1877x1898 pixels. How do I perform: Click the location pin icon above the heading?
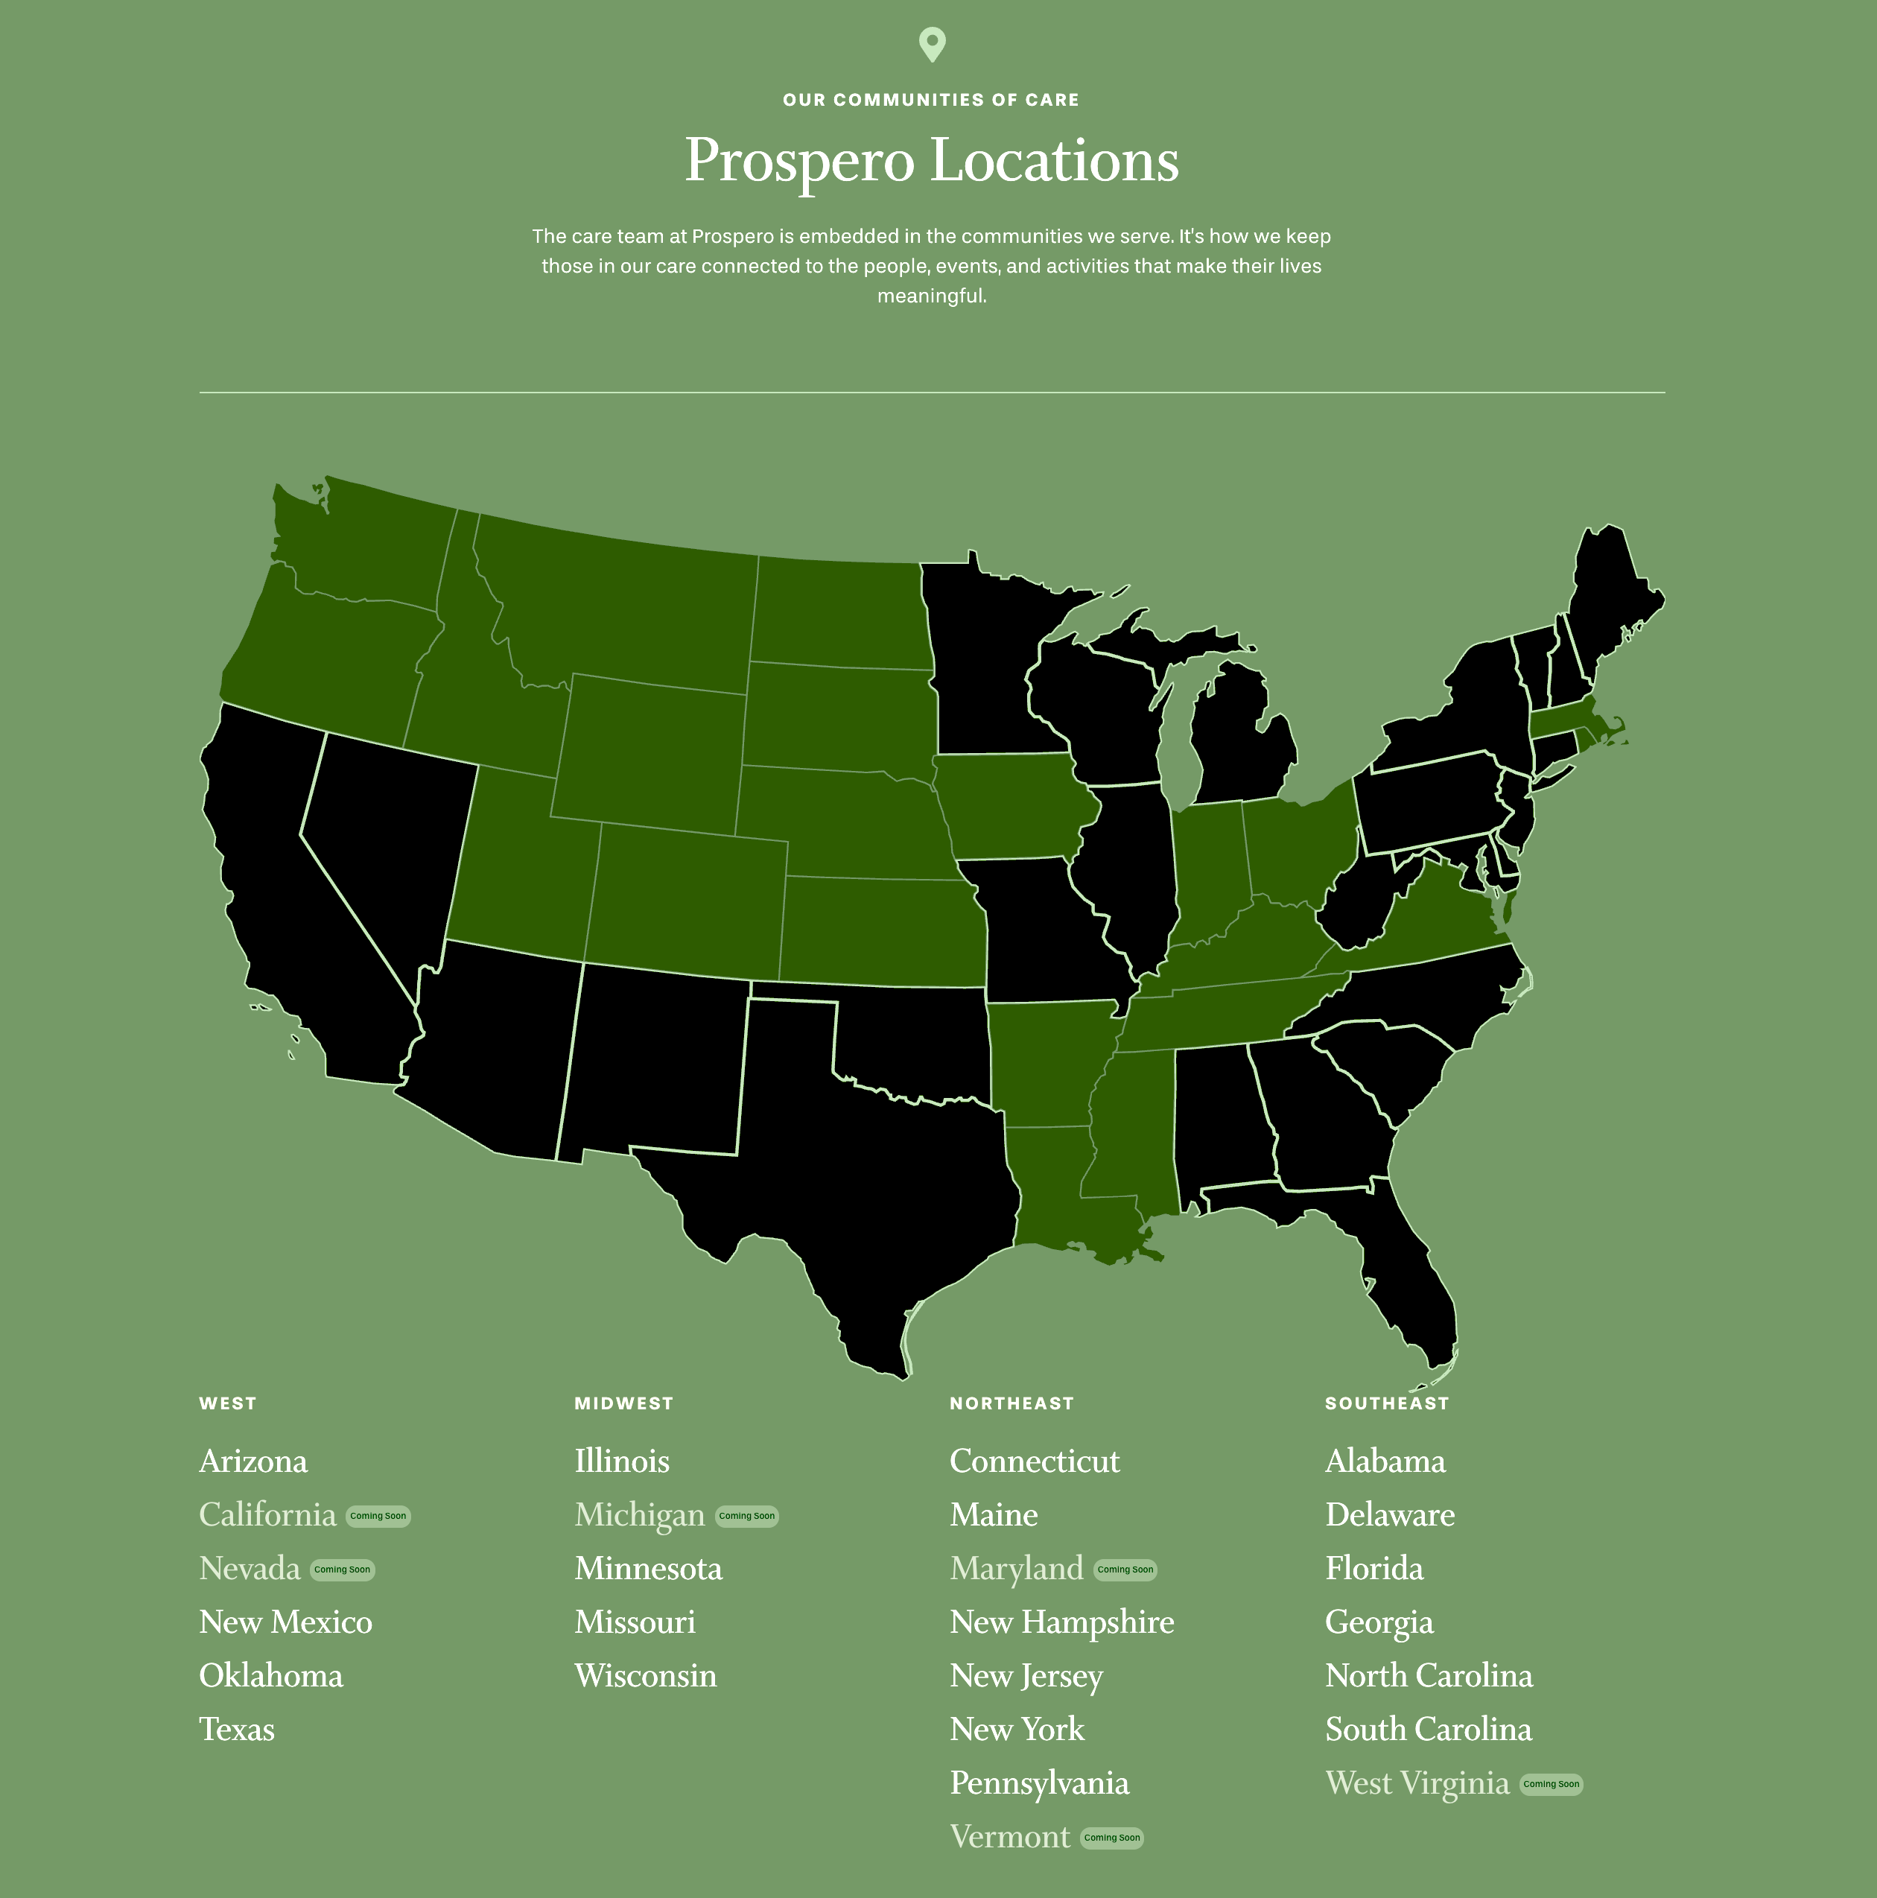click(x=931, y=44)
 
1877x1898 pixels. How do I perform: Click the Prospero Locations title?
click(x=931, y=160)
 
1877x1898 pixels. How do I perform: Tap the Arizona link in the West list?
click(x=253, y=1461)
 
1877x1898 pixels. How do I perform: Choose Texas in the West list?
click(x=237, y=1730)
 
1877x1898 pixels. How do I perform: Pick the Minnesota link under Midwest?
click(x=648, y=1569)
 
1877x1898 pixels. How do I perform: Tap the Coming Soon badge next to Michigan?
click(x=746, y=1516)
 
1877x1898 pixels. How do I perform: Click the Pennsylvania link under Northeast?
click(x=1039, y=1784)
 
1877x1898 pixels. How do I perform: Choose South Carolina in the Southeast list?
click(x=1428, y=1730)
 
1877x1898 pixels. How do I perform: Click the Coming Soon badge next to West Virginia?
click(x=1551, y=1784)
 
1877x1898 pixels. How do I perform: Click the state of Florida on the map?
click(x=1414, y=1277)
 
